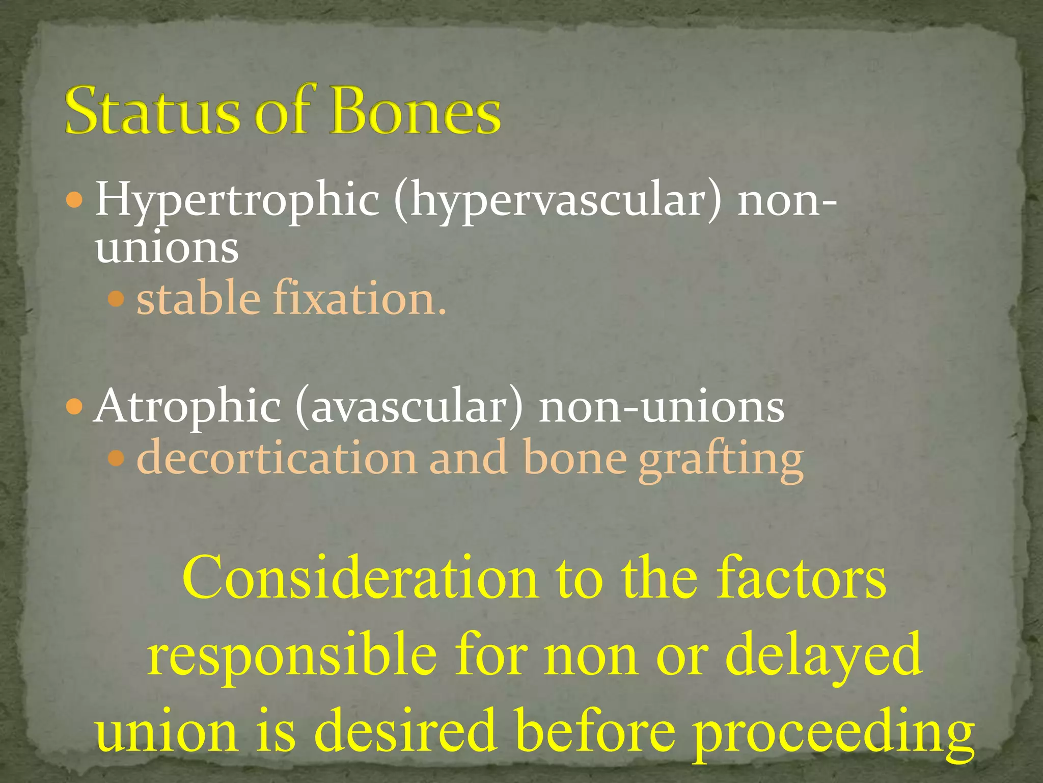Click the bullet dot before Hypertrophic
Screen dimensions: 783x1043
[74, 200]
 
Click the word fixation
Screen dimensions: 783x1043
[360, 298]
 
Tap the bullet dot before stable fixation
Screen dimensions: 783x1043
[117, 298]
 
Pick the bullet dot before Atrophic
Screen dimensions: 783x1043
[74, 407]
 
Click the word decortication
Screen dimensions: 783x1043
[277, 459]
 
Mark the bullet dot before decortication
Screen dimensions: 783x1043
[117, 459]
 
